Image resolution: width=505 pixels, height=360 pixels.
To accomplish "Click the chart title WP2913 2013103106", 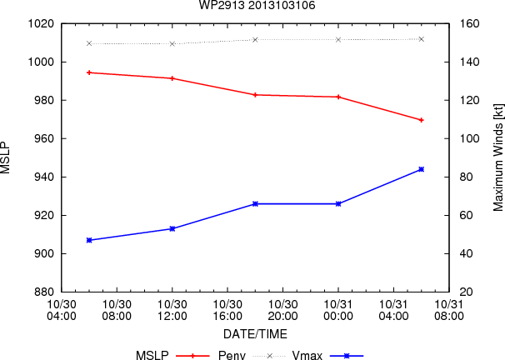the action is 257,5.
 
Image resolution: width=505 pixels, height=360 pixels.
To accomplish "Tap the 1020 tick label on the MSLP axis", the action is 41,24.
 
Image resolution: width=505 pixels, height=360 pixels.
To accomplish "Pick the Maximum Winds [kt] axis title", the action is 497,157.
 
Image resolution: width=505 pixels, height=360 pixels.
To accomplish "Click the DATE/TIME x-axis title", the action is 255,334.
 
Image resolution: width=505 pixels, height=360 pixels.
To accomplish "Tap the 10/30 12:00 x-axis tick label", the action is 172,310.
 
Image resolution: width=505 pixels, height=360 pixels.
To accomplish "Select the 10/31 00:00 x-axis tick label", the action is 338,310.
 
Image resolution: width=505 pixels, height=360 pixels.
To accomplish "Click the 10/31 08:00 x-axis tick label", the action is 449,310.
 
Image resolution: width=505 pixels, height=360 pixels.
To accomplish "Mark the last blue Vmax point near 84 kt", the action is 422,169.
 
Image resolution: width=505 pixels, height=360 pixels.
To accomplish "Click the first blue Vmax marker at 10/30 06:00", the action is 89,240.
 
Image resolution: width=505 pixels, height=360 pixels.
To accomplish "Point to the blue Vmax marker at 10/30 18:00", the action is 255,204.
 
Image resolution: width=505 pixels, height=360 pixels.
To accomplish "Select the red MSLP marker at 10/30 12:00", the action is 172,78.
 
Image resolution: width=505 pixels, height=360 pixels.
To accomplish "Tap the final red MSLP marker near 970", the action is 422,120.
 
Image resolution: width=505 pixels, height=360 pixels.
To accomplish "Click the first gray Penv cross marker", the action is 89,43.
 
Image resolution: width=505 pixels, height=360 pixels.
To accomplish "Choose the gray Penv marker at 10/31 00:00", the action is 338,40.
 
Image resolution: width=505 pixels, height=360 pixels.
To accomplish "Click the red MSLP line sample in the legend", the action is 193,356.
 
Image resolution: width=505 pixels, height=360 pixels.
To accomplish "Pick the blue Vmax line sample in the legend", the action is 347,356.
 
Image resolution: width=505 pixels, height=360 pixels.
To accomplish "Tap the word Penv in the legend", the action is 232,356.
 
